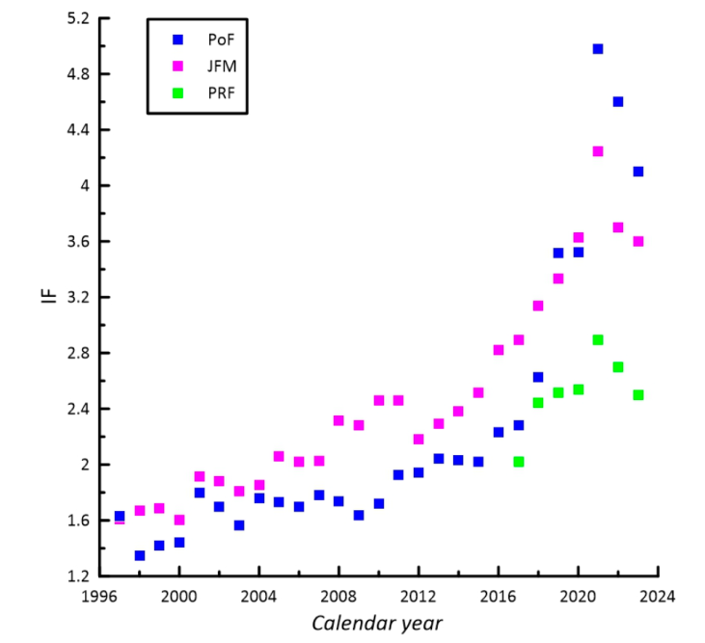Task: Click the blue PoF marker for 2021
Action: click(598, 48)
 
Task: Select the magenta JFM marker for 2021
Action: click(598, 151)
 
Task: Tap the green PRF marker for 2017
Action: click(518, 462)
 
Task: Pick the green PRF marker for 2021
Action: click(598, 340)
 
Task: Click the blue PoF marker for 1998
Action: click(140, 555)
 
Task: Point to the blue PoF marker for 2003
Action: click(239, 525)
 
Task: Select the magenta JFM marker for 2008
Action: click(339, 420)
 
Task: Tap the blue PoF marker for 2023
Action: click(638, 172)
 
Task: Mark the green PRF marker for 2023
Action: click(638, 395)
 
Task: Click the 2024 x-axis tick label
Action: click(658, 595)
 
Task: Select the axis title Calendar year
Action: click(377, 623)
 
